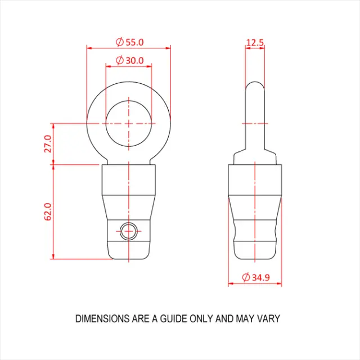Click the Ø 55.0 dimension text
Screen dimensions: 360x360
pos(129,42)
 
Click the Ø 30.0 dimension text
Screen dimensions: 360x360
pos(129,60)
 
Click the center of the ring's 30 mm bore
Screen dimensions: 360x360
pos(129,123)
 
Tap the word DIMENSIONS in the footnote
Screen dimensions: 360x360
pos(102,319)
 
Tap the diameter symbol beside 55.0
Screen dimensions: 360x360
pos(119,42)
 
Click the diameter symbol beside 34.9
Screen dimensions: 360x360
pos(245,277)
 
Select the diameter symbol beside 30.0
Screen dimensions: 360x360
pos(119,60)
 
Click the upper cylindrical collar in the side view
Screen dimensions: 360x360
pos(255,180)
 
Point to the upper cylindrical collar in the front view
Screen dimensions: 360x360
pos(129,180)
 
